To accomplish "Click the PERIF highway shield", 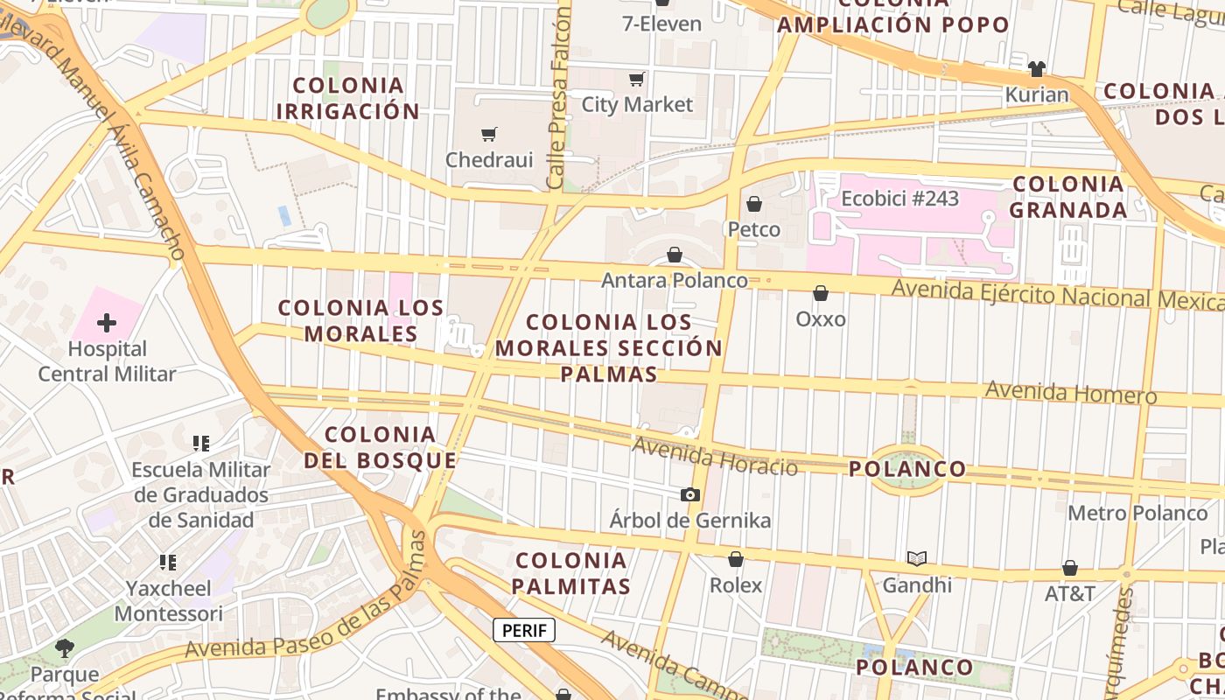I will coord(524,629).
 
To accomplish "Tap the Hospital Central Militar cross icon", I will coord(107,323).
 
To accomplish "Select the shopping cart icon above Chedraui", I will coord(488,134).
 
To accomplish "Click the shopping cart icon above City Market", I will coord(637,79).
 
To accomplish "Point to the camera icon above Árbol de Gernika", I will coord(690,494).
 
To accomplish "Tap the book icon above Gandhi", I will coord(916,558).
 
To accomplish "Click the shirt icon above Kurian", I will coord(1037,68).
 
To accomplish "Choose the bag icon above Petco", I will coord(754,204).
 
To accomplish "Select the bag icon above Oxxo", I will coord(821,293).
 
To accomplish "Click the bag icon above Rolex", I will coord(736,559).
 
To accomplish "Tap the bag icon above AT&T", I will coord(1069,568).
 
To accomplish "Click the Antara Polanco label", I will coord(675,280).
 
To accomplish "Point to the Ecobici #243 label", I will coord(899,199).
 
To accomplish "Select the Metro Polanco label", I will coord(1137,513).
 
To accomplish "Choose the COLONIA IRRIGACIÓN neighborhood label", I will coord(348,98).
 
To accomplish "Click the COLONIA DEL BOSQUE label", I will coord(380,447).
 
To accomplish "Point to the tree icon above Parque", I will coord(64,648).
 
